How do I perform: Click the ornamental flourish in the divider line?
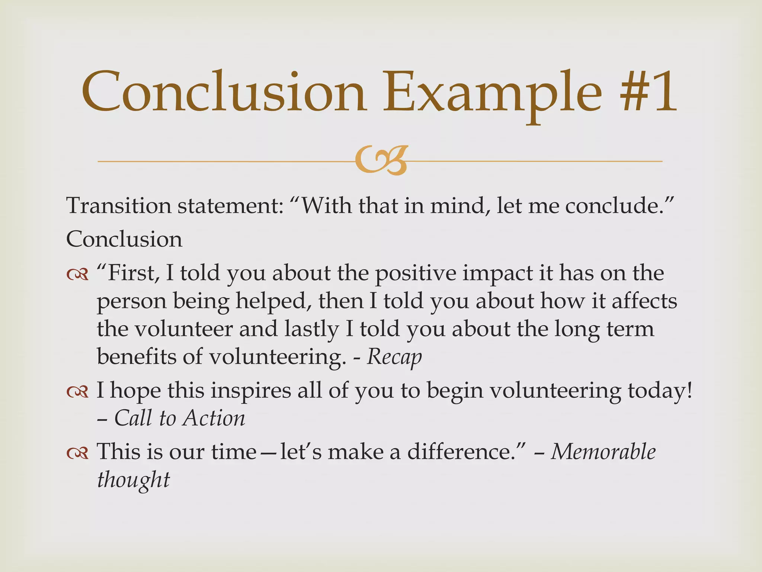(x=381, y=161)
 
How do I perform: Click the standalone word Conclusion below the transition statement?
(x=124, y=239)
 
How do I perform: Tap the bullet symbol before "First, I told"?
(x=77, y=275)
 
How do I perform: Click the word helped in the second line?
(x=273, y=302)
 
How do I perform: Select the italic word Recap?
(x=394, y=357)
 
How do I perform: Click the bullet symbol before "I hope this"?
(x=77, y=392)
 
